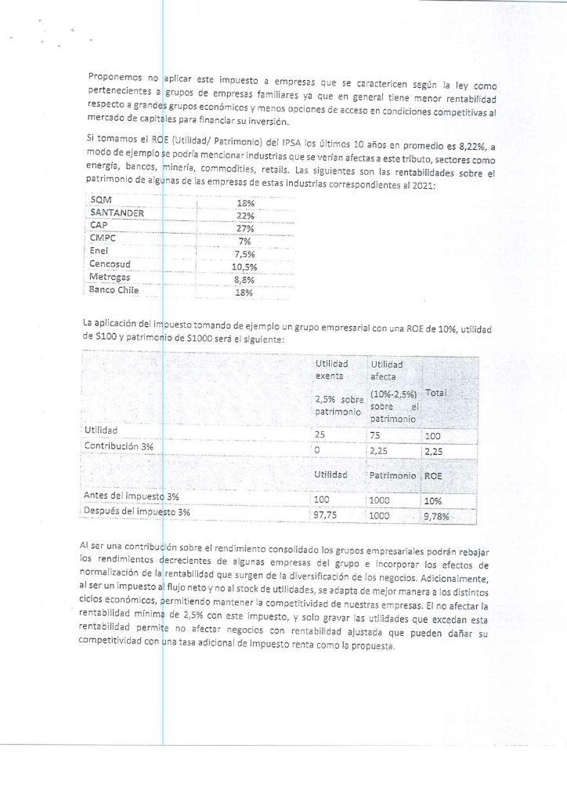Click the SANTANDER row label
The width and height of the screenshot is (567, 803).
tap(117, 213)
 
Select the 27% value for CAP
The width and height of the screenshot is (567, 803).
tap(245, 228)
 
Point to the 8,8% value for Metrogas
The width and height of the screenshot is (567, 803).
tap(245, 279)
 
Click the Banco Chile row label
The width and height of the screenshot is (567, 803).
tap(114, 290)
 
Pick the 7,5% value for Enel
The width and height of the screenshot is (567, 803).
tap(245, 254)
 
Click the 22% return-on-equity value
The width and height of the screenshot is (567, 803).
tap(245, 216)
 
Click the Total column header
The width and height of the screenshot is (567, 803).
tap(434, 391)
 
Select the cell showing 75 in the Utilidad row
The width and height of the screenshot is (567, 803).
tap(374, 435)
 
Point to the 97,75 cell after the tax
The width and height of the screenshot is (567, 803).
tap(325, 515)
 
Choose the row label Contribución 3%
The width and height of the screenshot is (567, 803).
tap(118, 445)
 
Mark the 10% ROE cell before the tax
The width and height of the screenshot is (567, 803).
tap(433, 500)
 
